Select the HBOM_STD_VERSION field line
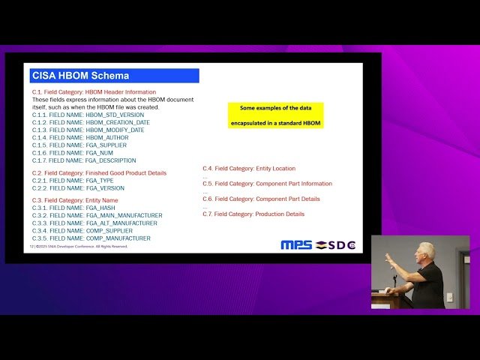pyautogui.click(x=88, y=115)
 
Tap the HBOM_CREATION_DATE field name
pyautogui.click(x=91, y=122)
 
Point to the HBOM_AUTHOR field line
pyautogui.click(x=80, y=137)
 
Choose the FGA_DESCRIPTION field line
pyautogui.click(x=84, y=160)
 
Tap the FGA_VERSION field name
pyautogui.click(x=78, y=187)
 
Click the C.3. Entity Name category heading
pyautogui.click(x=74, y=200)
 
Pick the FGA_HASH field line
pyautogui.click(x=73, y=208)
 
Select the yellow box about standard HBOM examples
pyautogui.click(x=275, y=115)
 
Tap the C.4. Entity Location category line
pyautogui.click(x=249, y=169)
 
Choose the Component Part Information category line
pyautogui.click(x=267, y=184)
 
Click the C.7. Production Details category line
pyautogui.click(x=253, y=214)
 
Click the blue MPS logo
pyautogui.click(x=297, y=244)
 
